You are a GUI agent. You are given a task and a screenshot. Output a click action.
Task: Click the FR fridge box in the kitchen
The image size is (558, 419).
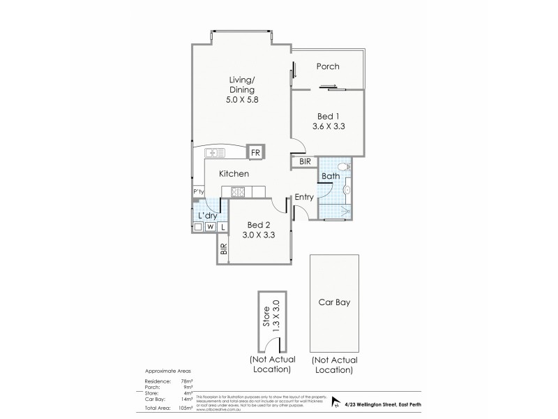click(255, 152)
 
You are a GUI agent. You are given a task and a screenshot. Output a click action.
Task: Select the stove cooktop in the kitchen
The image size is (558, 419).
click(237, 193)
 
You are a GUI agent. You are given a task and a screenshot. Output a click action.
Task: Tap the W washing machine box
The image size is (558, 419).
click(210, 227)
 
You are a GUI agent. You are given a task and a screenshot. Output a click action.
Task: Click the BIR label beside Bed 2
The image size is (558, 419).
click(224, 249)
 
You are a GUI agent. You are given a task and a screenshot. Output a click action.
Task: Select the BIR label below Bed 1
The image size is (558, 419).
click(305, 162)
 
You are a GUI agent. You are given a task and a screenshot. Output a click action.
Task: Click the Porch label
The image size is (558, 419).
click(328, 67)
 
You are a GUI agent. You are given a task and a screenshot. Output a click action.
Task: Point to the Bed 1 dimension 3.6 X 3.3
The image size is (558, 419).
click(329, 126)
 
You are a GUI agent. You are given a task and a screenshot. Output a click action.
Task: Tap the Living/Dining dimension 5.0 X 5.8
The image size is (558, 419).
click(241, 101)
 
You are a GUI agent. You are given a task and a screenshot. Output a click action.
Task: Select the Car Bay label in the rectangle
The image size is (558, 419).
click(334, 303)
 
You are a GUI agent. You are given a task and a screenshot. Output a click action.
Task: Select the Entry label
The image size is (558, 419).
click(304, 198)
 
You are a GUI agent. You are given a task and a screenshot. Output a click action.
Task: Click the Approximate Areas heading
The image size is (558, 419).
click(167, 372)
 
